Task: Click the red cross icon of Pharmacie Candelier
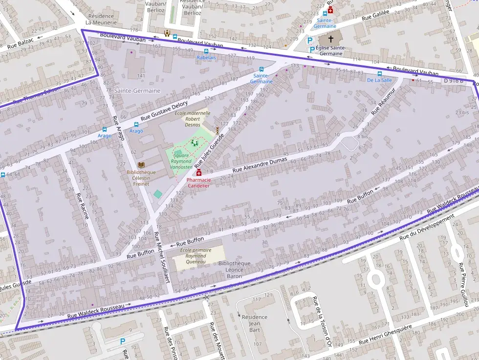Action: [x=199, y=173]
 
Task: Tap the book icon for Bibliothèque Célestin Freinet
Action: [x=141, y=166]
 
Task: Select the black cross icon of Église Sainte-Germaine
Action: [x=331, y=39]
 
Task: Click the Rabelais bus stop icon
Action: [x=206, y=50]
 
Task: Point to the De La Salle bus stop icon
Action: [x=379, y=73]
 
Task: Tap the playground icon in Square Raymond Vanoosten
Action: [x=195, y=143]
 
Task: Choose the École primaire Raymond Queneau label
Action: [x=196, y=256]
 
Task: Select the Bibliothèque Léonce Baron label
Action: [x=234, y=270]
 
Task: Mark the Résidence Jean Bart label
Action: [x=255, y=320]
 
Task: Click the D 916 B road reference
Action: [x=453, y=81]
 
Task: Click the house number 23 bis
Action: [x=461, y=112]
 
